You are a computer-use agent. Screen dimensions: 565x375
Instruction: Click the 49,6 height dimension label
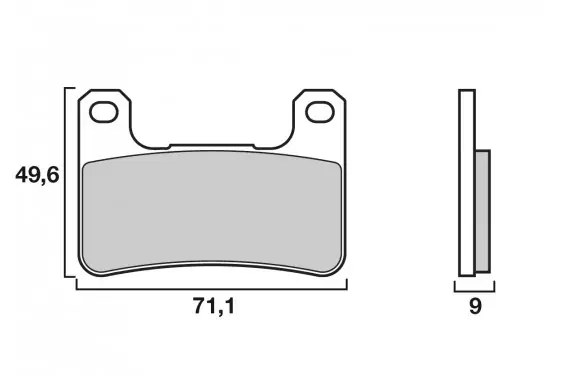[37, 176]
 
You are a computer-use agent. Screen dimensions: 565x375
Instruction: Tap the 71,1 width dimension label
[214, 306]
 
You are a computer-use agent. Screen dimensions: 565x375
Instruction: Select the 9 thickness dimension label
[475, 306]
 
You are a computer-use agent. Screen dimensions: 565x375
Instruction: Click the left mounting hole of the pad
[104, 112]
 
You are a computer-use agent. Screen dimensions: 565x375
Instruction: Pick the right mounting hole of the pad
[320, 112]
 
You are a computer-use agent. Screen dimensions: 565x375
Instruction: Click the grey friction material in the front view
[212, 211]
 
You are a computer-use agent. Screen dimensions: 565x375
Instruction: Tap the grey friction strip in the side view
[483, 211]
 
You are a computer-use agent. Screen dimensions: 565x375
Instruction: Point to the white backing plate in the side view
[467, 183]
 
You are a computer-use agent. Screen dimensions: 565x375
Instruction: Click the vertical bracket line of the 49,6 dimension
[65, 182]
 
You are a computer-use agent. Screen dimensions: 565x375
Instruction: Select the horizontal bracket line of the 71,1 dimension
[212, 289]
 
